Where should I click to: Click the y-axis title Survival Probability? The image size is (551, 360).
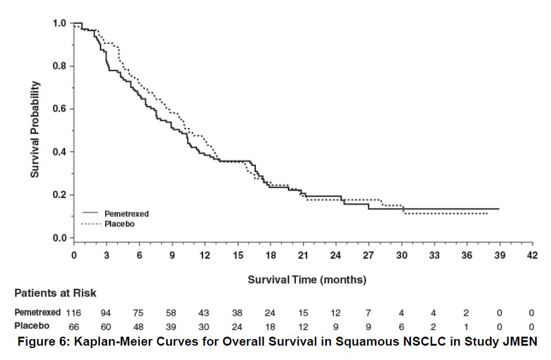pyautogui.click(x=35, y=129)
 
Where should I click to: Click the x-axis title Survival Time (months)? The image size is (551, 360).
pyautogui.click(x=307, y=279)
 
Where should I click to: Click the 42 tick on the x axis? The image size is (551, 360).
pyautogui.click(x=532, y=256)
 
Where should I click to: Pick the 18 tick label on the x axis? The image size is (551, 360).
pyautogui.click(x=270, y=256)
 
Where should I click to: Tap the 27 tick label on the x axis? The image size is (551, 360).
pyautogui.click(x=368, y=256)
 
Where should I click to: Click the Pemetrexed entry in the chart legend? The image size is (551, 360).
pyautogui.click(x=127, y=213)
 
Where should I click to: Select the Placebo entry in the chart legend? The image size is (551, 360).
pyautogui.click(x=120, y=224)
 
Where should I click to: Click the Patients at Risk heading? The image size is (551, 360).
pyautogui.click(x=55, y=294)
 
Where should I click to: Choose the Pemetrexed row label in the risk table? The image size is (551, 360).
pyautogui.click(x=38, y=313)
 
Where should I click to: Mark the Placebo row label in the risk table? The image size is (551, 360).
pyautogui.click(x=32, y=327)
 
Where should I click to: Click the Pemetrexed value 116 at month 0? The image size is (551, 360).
pyautogui.click(x=74, y=313)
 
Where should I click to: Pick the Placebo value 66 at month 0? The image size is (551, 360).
pyautogui.click(x=74, y=327)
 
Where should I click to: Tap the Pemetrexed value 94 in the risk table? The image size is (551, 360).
pyautogui.click(x=106, y=313)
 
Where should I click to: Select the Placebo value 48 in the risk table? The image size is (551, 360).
pyautogui.click(x=139, y=327)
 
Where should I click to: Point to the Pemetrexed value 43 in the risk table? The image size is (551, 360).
pyautogui.click(x=204, y=313)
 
